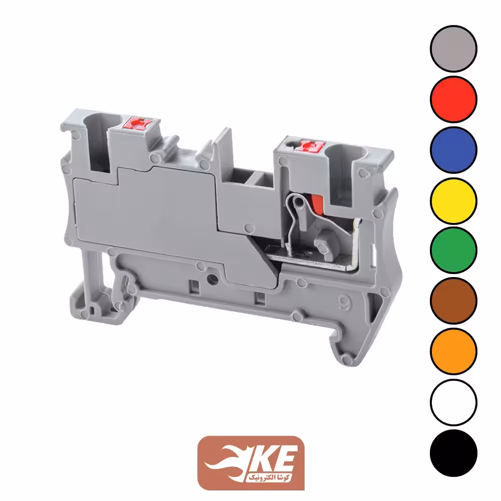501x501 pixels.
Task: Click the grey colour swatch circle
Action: tap(453, 49)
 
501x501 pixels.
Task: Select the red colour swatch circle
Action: tap(453, 99)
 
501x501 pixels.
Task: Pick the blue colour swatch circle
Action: tap(453, 150)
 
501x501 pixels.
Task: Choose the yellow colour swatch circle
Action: tap(453, 201)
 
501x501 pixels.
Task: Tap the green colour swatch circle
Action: tap(453, 250)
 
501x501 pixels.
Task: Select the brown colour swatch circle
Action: tap(453, 301)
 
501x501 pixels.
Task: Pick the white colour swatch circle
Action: tap(453, 402)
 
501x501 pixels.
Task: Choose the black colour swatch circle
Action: tap(453, 453)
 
